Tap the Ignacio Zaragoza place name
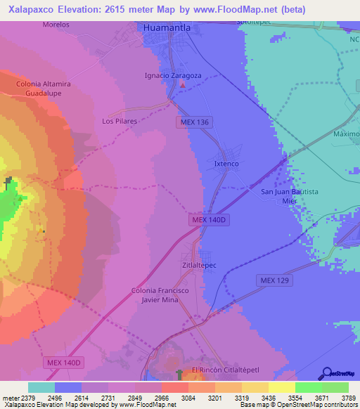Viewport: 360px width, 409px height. pos(172,75)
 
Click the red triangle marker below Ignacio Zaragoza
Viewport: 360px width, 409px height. pos(184,85)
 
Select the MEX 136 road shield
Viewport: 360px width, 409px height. pos(193,122)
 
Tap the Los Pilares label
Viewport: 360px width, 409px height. pos(119,121)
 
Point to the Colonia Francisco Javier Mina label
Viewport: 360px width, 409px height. pos(160,295)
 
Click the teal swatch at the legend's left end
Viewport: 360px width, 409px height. pos(41,387)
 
